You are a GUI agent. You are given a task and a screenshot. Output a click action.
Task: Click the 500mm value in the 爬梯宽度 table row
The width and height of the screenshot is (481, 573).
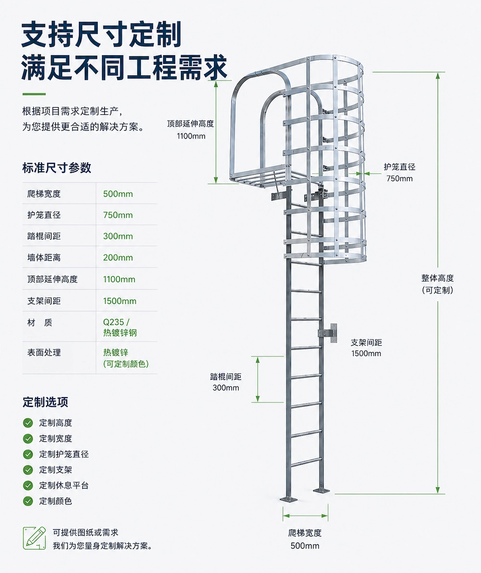coord(118,194)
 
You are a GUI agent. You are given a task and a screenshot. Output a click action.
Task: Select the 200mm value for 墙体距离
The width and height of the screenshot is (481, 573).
coord(118,257)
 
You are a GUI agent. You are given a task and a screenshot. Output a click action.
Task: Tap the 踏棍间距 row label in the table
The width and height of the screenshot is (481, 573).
coord(44,236)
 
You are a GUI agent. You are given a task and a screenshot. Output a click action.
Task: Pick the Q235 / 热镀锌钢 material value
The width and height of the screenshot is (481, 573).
coord(120,327)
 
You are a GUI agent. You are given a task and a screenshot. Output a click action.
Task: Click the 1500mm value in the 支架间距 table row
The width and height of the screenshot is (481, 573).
coord(120,301)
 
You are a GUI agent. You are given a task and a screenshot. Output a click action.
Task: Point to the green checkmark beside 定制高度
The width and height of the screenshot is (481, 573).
coord(28,423)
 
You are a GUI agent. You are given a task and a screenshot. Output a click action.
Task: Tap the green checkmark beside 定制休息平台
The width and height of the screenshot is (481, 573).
coord(28,485)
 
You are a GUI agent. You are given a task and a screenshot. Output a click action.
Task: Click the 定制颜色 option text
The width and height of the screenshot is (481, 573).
coord(56,501)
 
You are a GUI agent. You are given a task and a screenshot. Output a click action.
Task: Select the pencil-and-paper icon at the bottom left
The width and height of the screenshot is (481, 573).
coord(35,538)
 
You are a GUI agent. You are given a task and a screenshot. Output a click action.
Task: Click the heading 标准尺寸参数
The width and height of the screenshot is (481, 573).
coord(57,168)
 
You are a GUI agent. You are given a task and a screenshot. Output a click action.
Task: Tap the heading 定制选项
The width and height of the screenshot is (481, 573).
coord(45,402)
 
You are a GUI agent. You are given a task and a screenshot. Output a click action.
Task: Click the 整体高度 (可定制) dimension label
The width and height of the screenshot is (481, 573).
coord(437,284)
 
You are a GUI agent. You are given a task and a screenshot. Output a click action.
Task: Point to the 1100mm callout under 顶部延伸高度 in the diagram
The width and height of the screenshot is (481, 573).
coord(191,136)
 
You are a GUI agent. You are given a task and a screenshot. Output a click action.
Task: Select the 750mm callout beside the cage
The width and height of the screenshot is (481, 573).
coord(399,179)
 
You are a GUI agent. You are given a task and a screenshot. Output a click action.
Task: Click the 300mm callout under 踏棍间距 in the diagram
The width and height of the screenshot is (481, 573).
coord(226,388)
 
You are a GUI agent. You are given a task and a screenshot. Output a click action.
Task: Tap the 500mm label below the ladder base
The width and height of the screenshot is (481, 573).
coord(305,546)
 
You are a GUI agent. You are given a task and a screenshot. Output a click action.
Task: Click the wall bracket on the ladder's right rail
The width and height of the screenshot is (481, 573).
coord(328,333)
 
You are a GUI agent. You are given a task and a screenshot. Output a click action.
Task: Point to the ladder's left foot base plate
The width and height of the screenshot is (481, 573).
coord(289,499)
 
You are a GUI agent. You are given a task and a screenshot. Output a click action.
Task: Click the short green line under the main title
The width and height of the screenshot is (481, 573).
coord(34,94)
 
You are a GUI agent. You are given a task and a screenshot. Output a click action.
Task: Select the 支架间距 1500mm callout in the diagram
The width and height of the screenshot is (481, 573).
coord(366,348)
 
